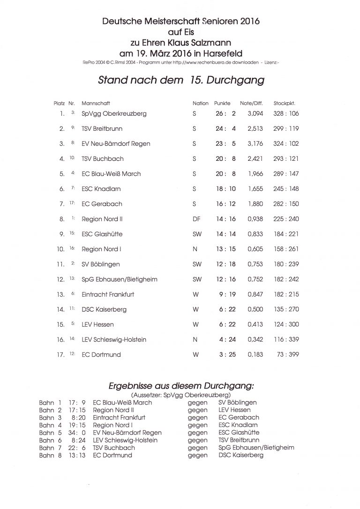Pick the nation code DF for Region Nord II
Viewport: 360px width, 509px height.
point(196,219)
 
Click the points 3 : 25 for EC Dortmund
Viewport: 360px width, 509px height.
point(226,354)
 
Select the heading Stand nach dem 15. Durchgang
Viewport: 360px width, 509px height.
point(181,80)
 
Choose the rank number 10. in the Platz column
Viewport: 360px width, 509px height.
point(60,249)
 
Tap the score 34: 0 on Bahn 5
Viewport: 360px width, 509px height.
point(77,432)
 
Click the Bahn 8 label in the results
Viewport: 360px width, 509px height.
point(50,455)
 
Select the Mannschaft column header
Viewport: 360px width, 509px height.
point(96,103)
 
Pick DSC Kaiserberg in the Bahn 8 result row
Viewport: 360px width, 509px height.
point(240,455)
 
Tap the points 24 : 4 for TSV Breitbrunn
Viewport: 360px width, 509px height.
point(226,128)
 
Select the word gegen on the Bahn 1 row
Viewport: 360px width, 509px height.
point(197,402)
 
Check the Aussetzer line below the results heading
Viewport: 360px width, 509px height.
point(181,395)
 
